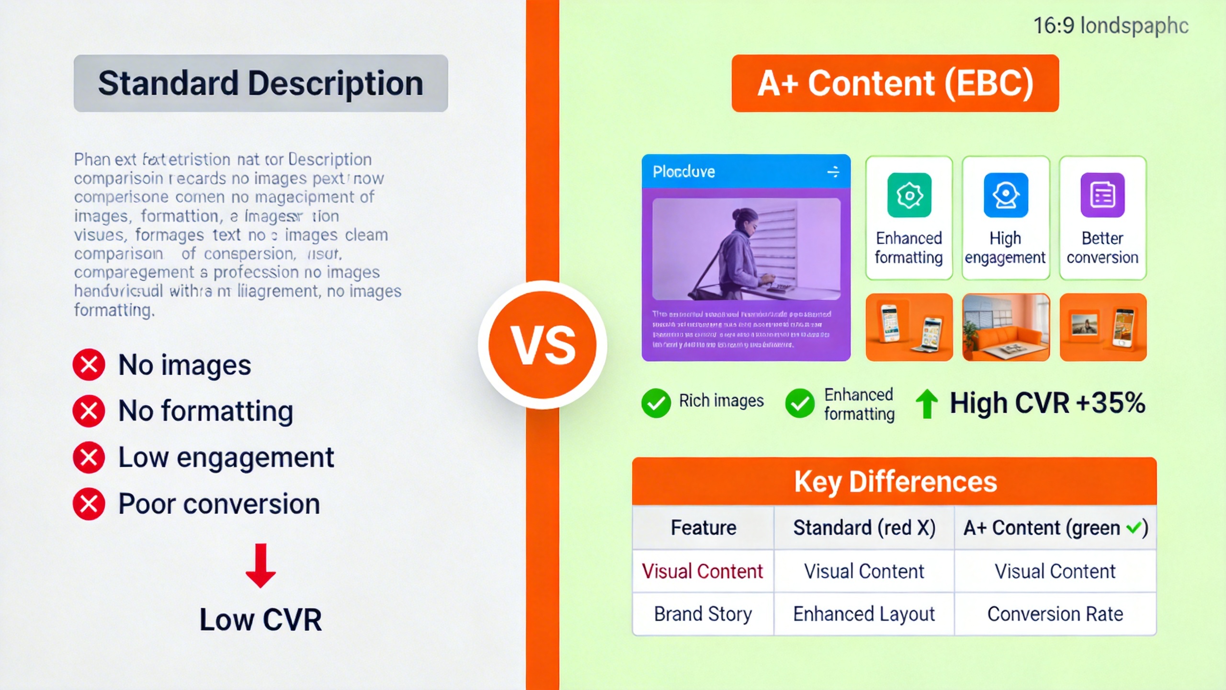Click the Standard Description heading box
261,83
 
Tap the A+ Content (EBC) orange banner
895,83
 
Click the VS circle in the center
543,345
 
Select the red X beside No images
89,365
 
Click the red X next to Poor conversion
89,504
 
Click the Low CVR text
261,620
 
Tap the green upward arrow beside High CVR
927,403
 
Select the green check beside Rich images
656,403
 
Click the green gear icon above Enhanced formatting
909,195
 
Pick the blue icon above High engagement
1006,195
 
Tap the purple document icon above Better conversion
1102,195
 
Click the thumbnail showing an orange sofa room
1006,327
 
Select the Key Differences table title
895,482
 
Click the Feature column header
703,528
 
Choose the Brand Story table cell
703,614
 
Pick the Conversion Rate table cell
1055,614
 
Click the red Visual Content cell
702,571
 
